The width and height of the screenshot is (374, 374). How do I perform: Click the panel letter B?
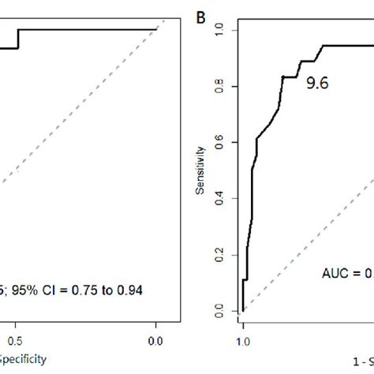click(x=200, y=16)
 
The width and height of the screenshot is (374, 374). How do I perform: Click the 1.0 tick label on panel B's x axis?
click(x=243, y=340)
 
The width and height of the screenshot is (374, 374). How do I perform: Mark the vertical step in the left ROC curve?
click(x=17, y=39)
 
